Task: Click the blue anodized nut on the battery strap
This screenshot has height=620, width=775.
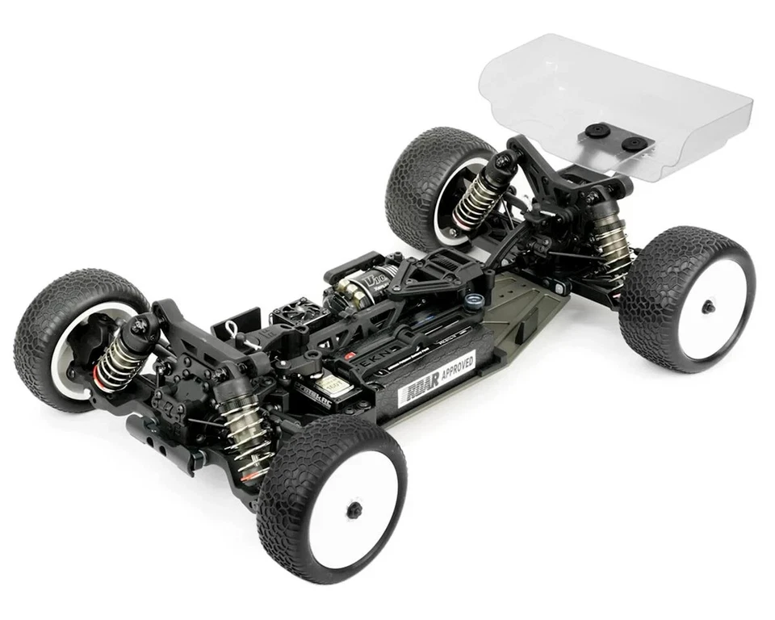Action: point(476,300)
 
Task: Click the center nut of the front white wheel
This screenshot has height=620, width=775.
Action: point(354,509)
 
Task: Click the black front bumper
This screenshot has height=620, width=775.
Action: point(161,436)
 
